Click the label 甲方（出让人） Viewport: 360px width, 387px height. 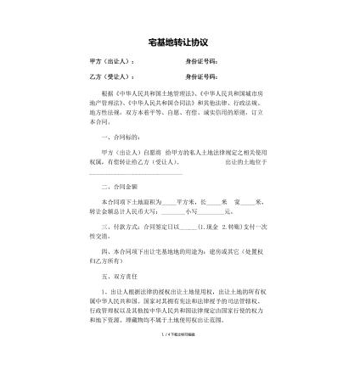click(x=111, y=62)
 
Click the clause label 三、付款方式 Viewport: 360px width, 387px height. click(x=122, y=227)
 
